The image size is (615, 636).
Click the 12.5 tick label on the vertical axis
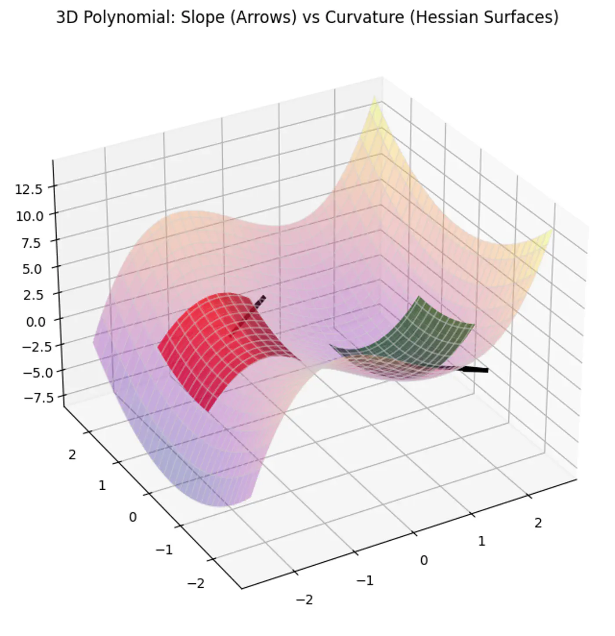[x=29, y=189]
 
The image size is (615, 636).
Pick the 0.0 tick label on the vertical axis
[x=35, y=322]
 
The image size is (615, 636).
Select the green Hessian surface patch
[x=422, y=334]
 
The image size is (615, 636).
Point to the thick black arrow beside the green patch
[x=474, y=370]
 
